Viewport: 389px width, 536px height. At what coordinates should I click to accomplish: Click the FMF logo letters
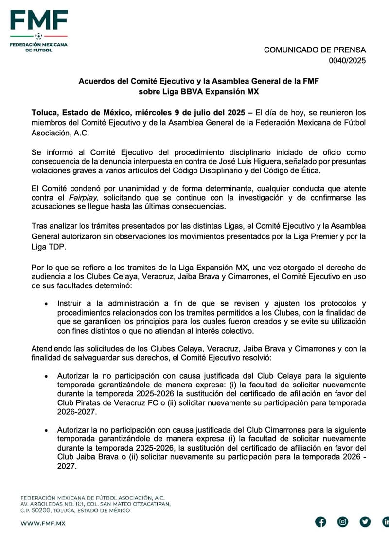[x=39, y=20]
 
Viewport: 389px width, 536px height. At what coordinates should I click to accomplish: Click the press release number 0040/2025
[x=347, y=61]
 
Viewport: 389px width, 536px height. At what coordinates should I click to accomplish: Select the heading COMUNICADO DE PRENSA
[x=315, y=50]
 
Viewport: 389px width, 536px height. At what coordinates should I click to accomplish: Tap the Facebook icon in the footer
[x=320, y=522]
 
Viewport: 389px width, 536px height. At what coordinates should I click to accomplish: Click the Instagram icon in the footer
[x=343, y=522]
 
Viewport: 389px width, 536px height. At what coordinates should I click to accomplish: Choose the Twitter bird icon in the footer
[x=365, y=522]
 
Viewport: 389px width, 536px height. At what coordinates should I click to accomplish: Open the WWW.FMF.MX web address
[x=43, y=523]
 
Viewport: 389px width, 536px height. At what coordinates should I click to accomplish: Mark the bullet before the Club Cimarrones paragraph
[x=46, y=431]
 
